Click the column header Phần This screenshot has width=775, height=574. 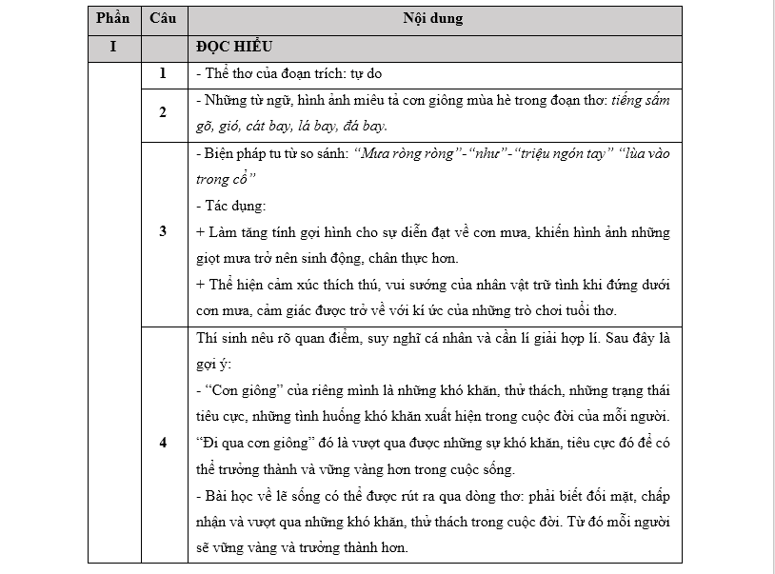tap(112, 18)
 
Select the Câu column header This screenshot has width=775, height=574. tap(162, 18)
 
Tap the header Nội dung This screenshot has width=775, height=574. tap(433, 18)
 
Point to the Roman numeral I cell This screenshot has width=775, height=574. tap(112, 46)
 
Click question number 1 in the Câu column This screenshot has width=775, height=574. tap(162, 73)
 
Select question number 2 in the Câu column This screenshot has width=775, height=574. tap(162, 112)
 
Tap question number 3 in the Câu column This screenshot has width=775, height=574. tap(162, 231)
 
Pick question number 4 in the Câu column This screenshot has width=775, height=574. tap(162, 443)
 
